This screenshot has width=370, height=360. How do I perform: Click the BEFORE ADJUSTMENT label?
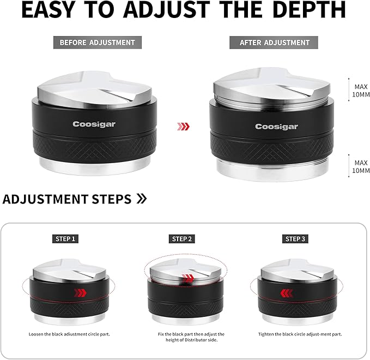(98, 43)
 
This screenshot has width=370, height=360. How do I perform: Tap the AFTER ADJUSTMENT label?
(274, 43)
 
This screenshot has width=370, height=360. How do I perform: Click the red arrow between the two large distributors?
(183, 127)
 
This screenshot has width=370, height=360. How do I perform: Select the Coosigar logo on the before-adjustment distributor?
(94, 124)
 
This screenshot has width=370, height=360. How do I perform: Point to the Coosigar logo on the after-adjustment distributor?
(276, 127)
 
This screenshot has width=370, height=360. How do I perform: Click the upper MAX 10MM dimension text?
(361, 91)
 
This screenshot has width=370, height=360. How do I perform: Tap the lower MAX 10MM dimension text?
(361, 166)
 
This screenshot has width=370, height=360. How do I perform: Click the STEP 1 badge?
(65, 239)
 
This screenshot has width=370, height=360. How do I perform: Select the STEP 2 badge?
(181, 239)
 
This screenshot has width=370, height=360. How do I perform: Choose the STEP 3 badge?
(295, 239)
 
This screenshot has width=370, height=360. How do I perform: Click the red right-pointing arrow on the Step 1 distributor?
(80, 293)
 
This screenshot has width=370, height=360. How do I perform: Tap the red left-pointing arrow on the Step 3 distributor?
(287, 293)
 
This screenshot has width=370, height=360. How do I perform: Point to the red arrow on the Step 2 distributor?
(188, 278)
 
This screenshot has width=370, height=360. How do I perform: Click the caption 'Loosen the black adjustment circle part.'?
(69, 334)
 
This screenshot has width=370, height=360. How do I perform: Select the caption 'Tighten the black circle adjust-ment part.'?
(300, 334)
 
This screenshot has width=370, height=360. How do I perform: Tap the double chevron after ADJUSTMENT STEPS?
(142, 199)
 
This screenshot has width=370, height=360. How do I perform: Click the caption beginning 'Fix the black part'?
(191, 337)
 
